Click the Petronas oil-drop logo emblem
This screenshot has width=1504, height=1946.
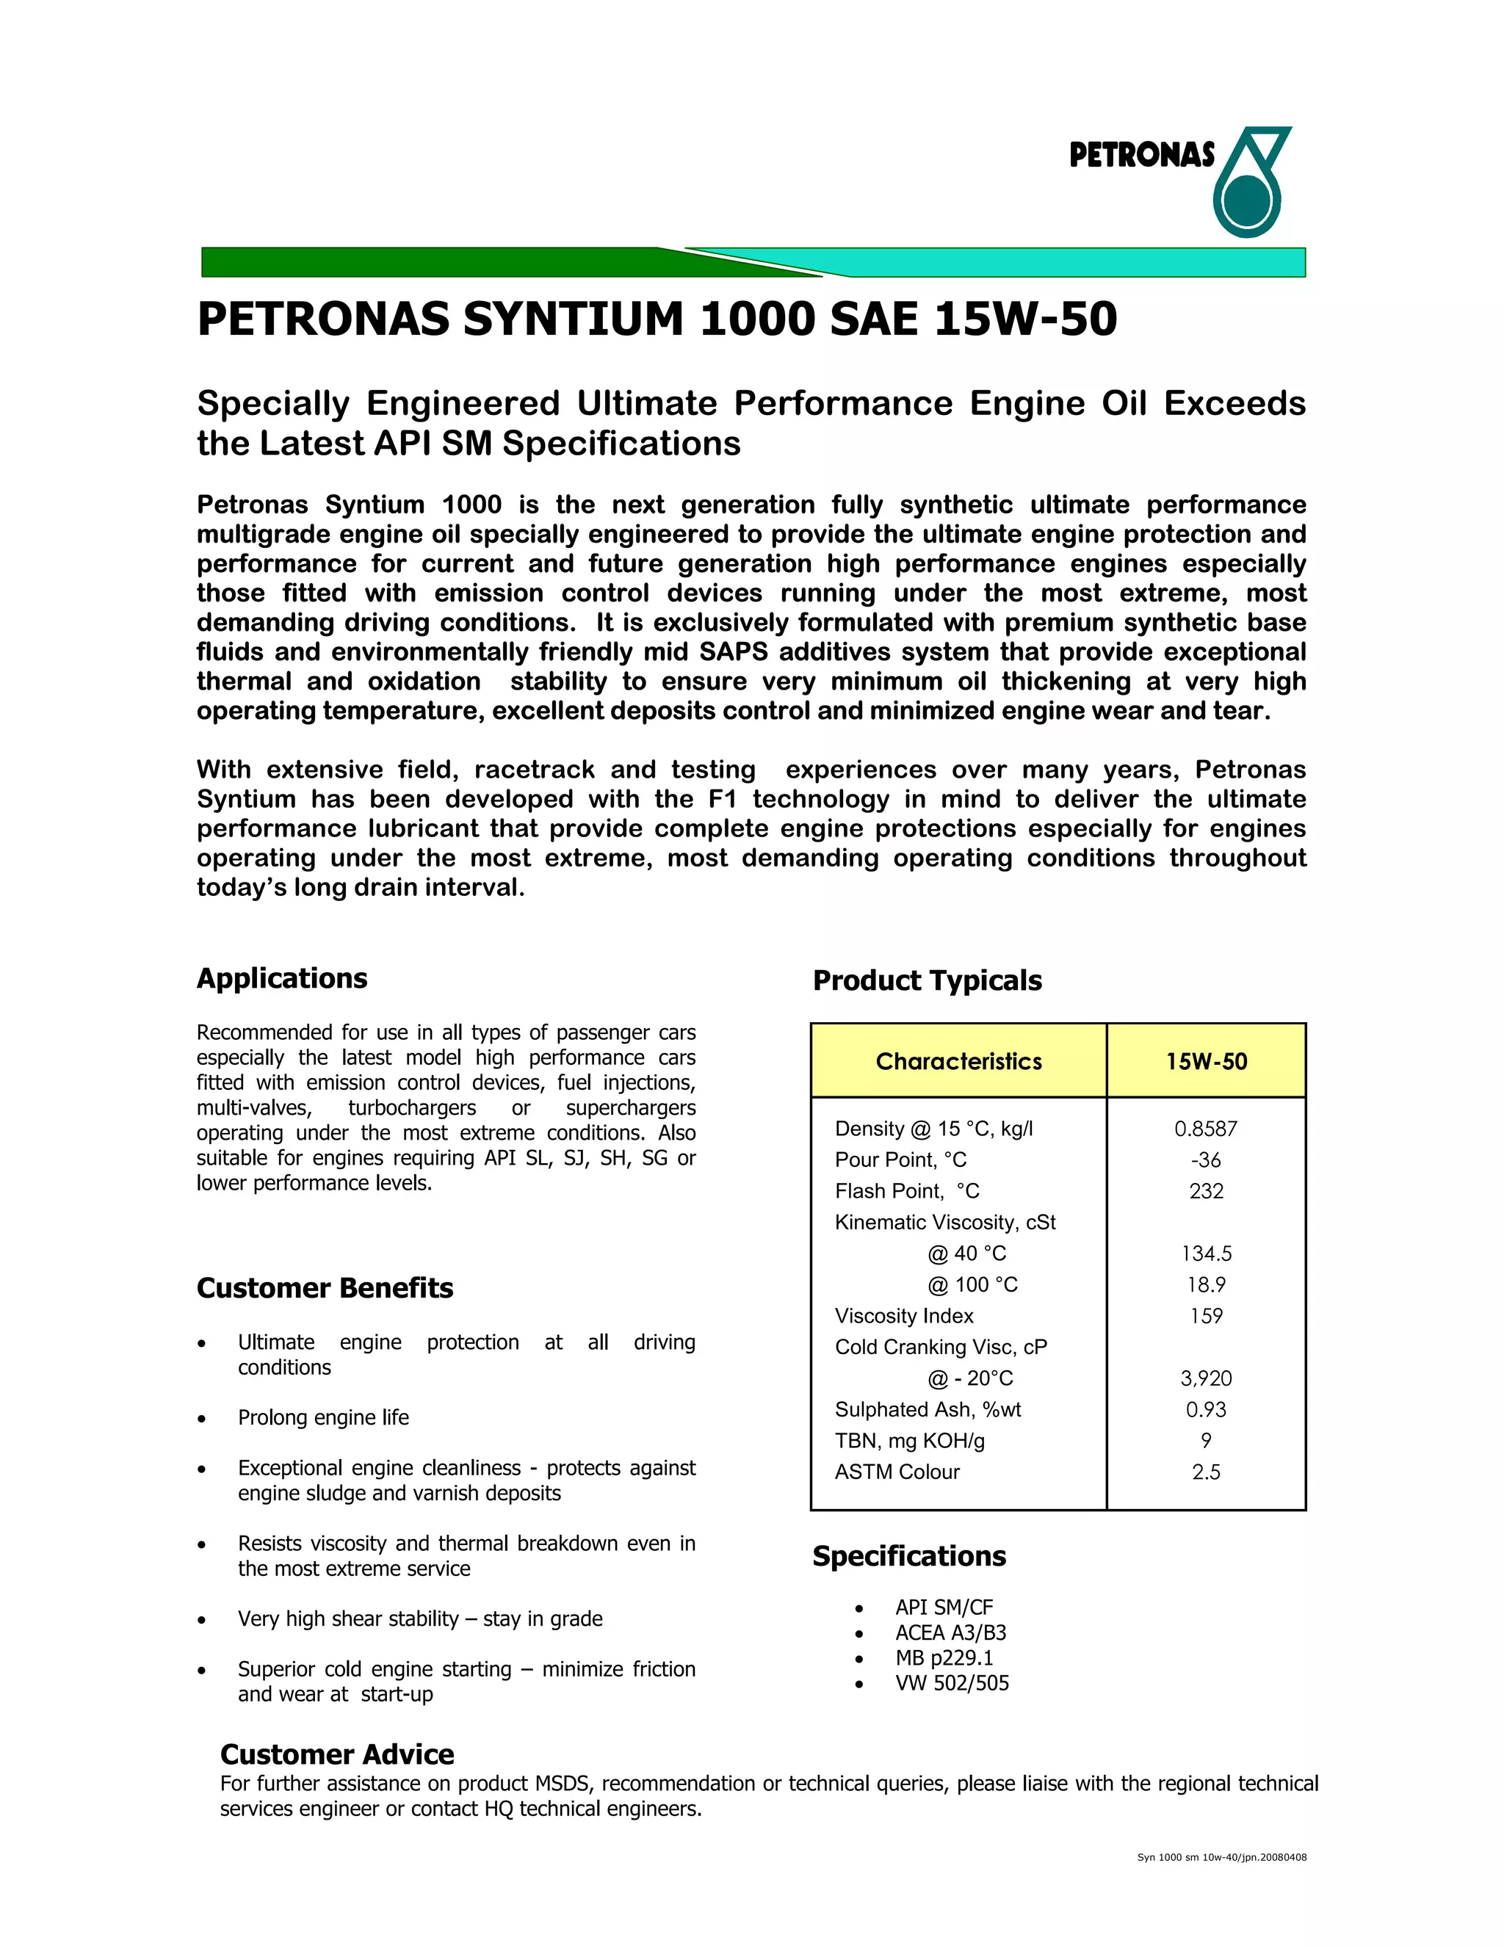pos(1249,183)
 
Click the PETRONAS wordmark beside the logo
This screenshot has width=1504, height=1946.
pos(1141,156)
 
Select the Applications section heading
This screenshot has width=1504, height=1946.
pos(281,978)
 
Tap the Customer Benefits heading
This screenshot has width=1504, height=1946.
pos(325,1289)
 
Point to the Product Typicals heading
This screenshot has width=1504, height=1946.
pos(927,981)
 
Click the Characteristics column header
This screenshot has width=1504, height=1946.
pos(958,1061)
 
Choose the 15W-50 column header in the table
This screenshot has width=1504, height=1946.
pos(1207,1061)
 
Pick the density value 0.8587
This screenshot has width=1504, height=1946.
pos(1206,1129)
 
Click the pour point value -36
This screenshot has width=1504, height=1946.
pos(1206,1160)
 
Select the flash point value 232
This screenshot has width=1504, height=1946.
pos(1206,1191)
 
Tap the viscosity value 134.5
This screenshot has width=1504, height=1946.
pos(1206,1254)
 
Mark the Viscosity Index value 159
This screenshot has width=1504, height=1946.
pos(1206,1316)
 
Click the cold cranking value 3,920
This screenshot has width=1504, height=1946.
pos(1206,1378)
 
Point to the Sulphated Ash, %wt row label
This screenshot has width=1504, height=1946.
pos(928,1410)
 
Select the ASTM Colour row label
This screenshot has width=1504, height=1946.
pos(897,1472)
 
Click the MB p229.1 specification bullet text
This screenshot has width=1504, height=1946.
pos(944,1658)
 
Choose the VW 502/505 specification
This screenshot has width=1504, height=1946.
pos(952,1683)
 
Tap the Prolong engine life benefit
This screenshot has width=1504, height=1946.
pos(323,1417)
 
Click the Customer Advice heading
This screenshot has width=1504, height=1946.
pos(337,1754)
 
